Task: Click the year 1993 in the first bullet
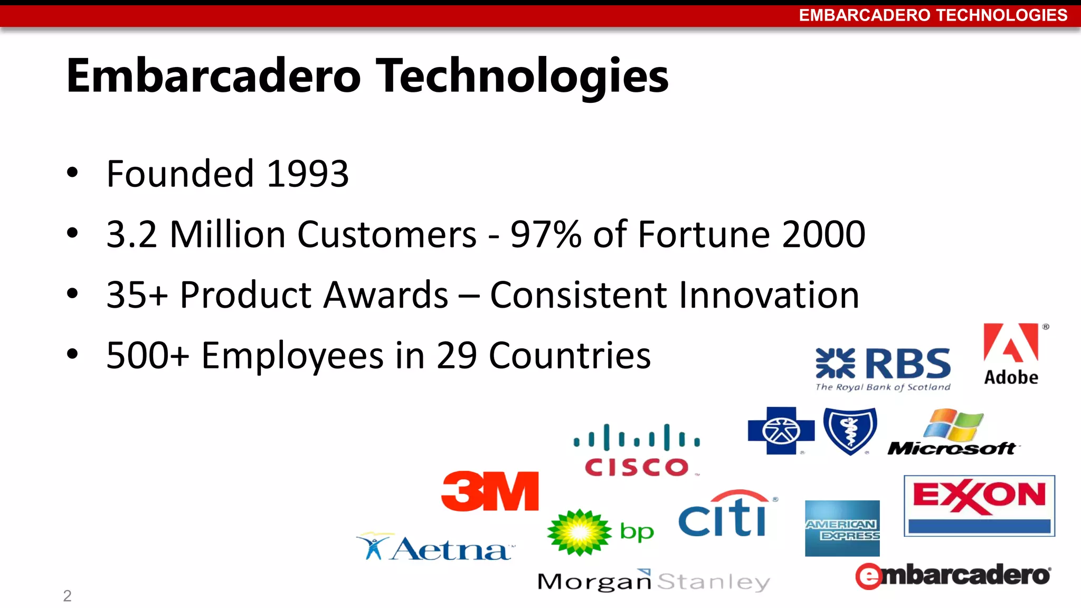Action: pos(308,174)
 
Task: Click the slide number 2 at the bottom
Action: pos(67,596)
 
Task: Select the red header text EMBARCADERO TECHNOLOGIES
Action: pos(933,15)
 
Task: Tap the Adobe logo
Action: pos(1011,354)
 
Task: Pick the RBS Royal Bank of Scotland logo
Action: pos(883,368)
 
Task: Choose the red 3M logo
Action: pos(490,491)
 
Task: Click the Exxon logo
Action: pos(979,505)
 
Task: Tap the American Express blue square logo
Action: pos(842,528)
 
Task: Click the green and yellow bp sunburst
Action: pos(580,532)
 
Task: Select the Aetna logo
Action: pos(435,548)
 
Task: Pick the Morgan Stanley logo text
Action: pos(653,581)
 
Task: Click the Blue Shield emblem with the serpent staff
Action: pos(850,430)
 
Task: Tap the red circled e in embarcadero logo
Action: pos(868,576)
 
